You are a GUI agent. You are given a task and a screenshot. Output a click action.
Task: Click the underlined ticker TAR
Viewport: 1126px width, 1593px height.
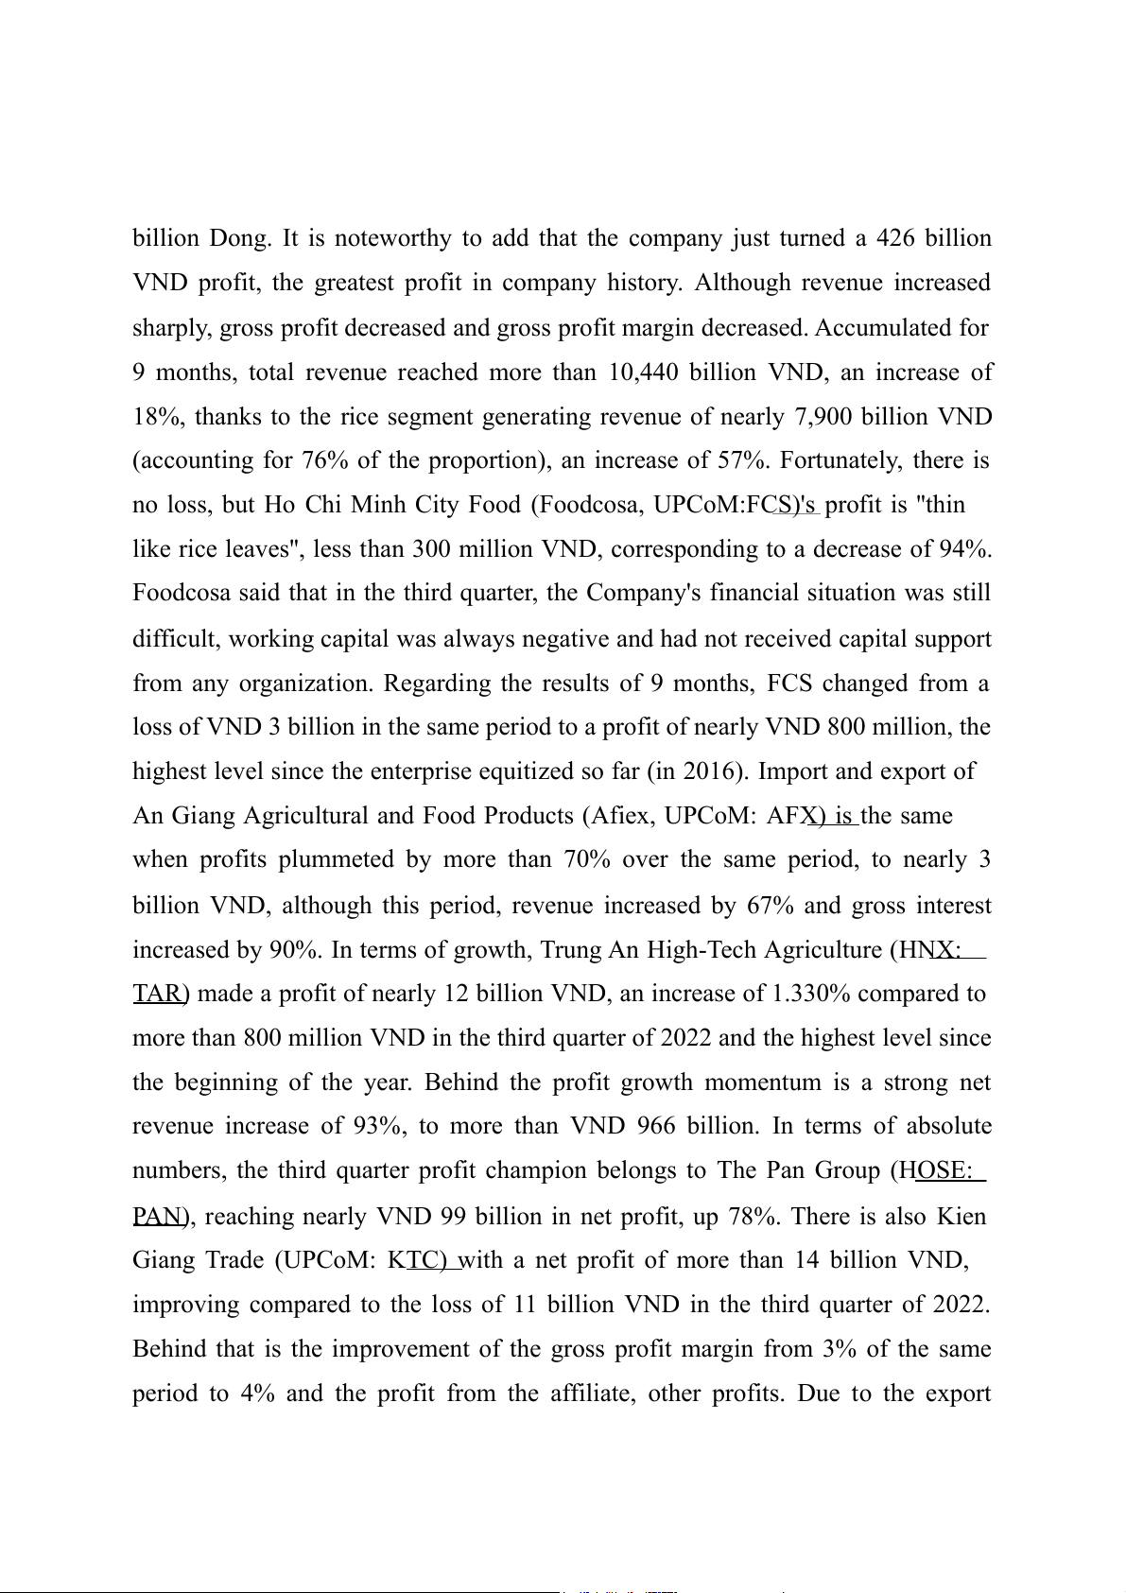click(x=157, y=994)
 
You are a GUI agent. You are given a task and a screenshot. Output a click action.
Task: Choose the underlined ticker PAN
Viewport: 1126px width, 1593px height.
click(x=157, y=1216)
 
